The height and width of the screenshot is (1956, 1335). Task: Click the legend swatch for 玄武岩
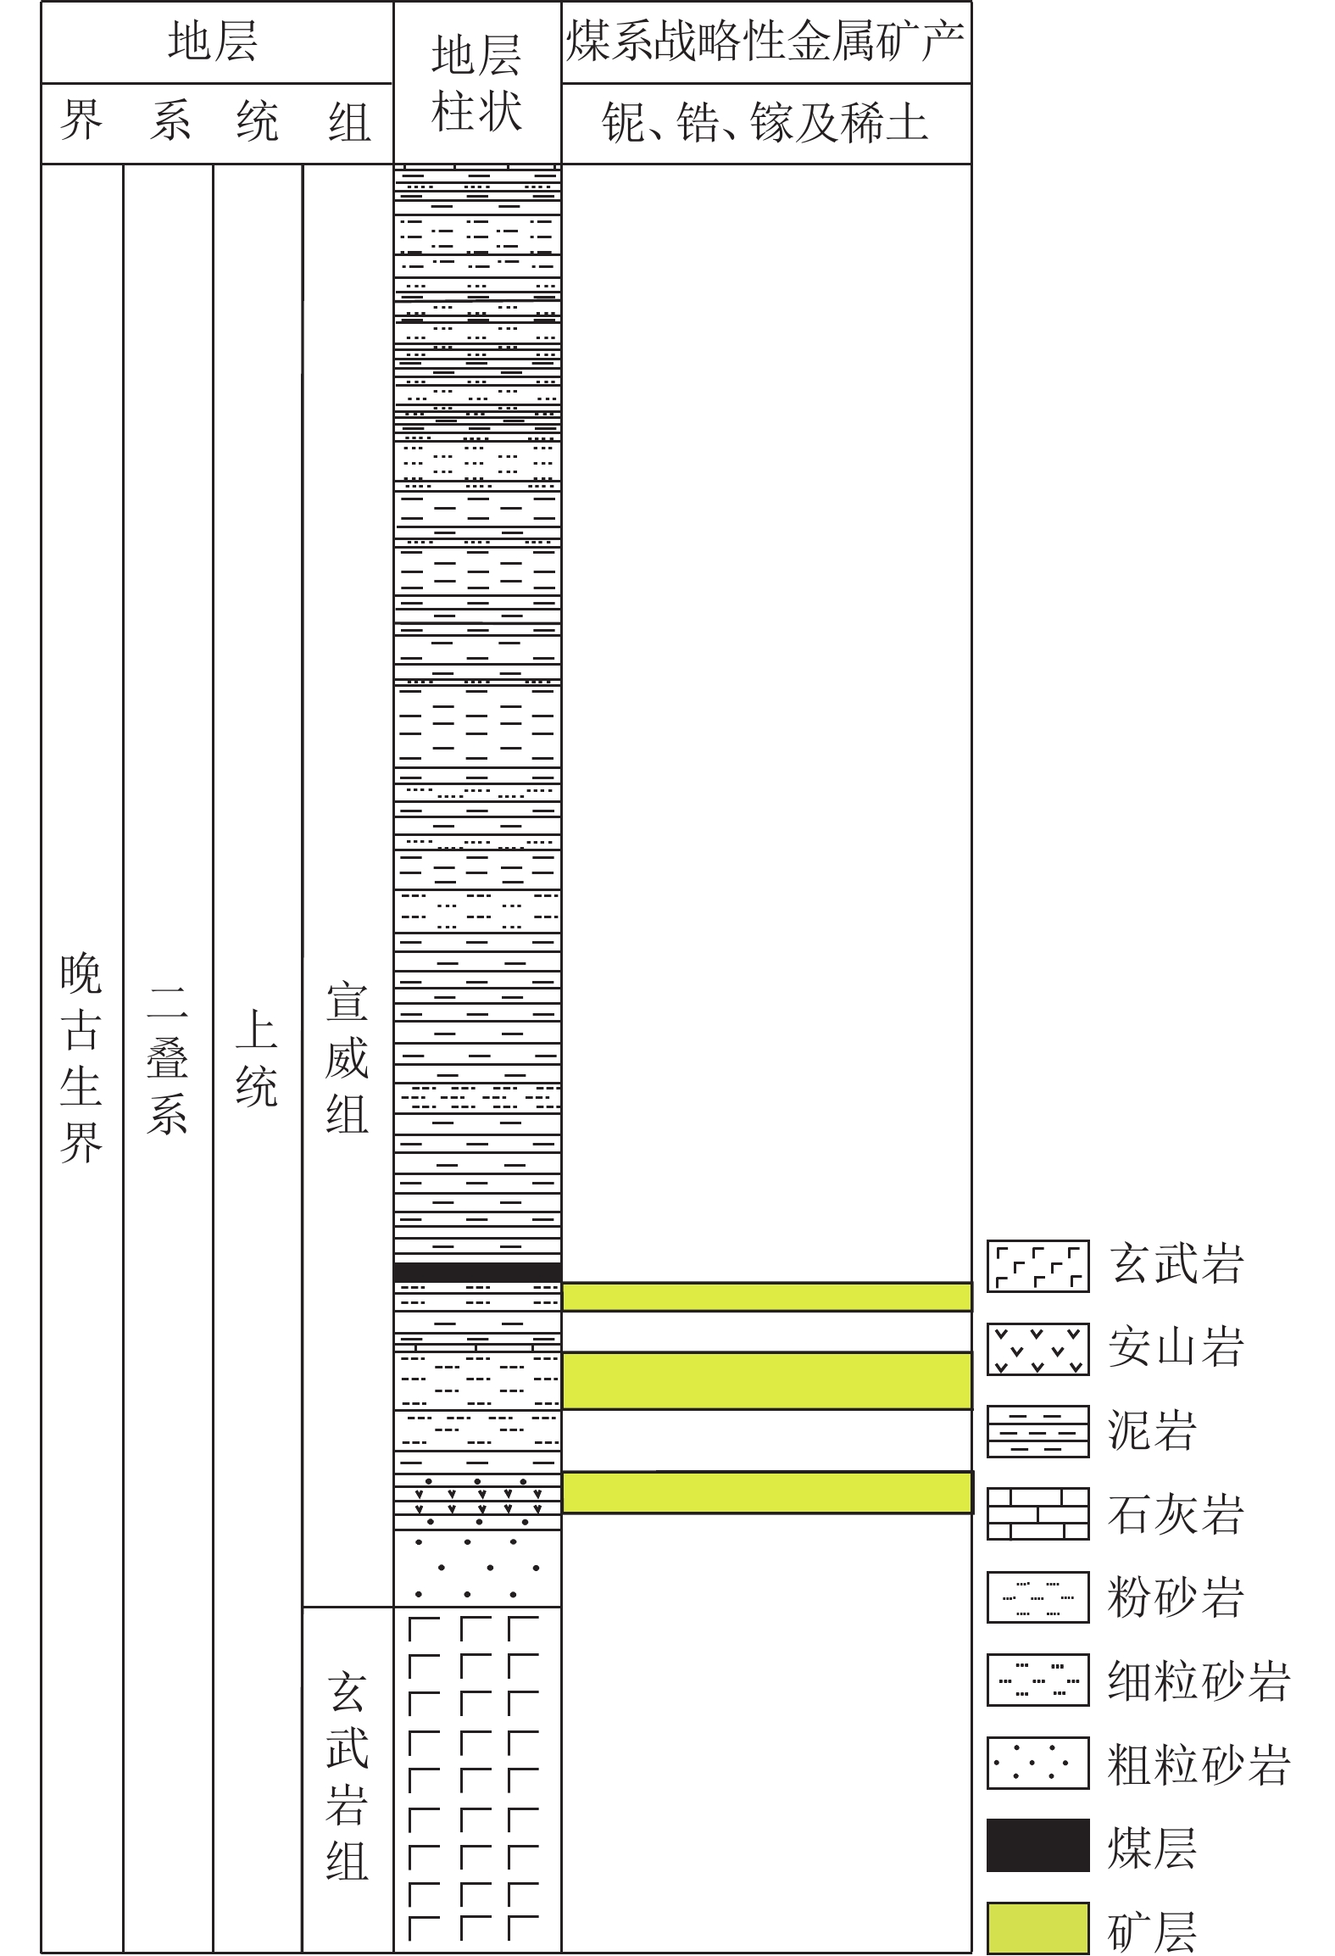click(1037, 1266)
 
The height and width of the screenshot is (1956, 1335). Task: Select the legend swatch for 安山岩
click(1037, 1349)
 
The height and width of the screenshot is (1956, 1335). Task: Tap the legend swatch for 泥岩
click(1037, 1432)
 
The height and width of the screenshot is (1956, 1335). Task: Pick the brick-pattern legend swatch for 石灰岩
click(1037, 1514)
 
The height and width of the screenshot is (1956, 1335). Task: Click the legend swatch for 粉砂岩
click(1037, 1597)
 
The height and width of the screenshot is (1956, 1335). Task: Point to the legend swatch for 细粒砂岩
click(1037, 1680)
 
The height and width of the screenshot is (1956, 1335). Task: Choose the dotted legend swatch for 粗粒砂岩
click(1037, 1764)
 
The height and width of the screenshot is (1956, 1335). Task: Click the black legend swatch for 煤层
click(1037, 1846)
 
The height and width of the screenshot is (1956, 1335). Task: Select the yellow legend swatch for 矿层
click(1037, 1928)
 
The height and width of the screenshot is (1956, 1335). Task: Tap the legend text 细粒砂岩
click(1199, 1680)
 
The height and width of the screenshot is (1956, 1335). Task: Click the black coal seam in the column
click(477, 1272)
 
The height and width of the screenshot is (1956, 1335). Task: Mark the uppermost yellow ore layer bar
click(766, 1296)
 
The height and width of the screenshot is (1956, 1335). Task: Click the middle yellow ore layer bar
click(766, 1380)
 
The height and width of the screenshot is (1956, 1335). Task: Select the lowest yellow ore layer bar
click(766, 1492)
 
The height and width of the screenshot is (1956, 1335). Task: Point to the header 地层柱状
click(476, 83)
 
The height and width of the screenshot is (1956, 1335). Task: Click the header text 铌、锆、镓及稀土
click(765, 123)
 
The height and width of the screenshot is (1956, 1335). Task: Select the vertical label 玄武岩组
click(347, 1775)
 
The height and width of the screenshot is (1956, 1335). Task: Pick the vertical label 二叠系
click(167, 1060)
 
